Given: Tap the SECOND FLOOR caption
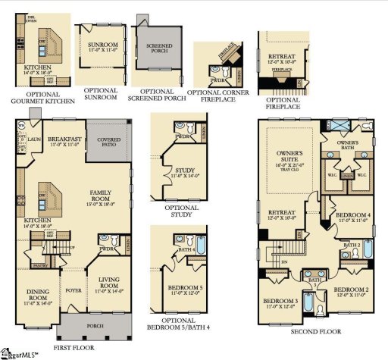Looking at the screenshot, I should pyautogui.click(x=312, y=331).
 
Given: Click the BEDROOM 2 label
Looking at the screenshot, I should pyautogui.click(x=350, y=292).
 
